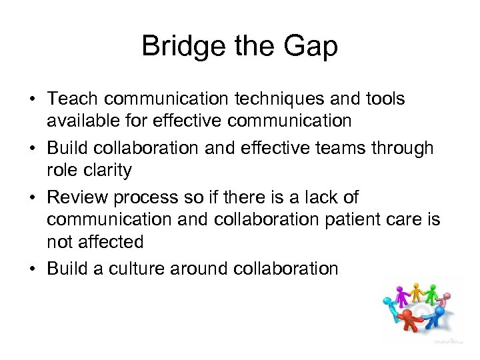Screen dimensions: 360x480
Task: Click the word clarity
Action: pos(107,170)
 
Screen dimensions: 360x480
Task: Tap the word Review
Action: pos(79,197)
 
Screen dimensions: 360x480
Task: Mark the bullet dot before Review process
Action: pos(33,198)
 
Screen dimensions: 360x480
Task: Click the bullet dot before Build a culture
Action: pos(33,269)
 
